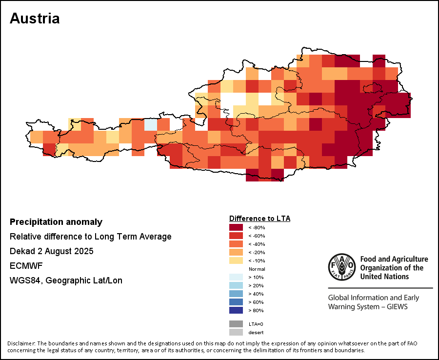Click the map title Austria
[x=35, y=19]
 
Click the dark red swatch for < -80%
[x=236, y=227]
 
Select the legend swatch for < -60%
[x=236, y=236]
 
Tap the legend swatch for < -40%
[x=236, y=244]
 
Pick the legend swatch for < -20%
[x=236, y=252]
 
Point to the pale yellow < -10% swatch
[x=236, y=260]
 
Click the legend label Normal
[x=257, y=269]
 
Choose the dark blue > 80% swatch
[x=236, y=310]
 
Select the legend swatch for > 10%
[x=236, y=277]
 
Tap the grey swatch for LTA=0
[x=236, y=324]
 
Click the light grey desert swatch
[x=236, y=332]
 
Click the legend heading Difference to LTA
[x=259, y=219]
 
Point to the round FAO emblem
[x=341, y=267]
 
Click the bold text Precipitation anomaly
[x=56, y=222]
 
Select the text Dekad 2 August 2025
[x=51, y=251]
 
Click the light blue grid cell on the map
[x=151, y=124]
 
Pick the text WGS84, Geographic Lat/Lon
[x=66, y=280]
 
